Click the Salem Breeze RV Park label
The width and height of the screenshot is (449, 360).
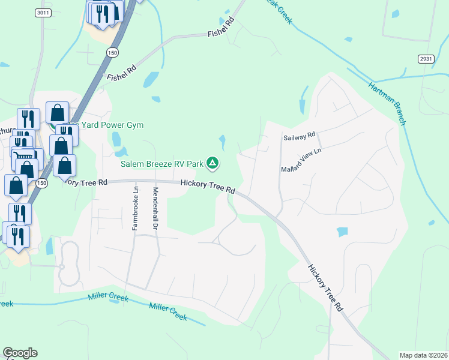[160, 163]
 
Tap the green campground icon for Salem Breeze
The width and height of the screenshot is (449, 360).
[212, 163]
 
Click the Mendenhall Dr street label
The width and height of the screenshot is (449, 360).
[155, 208]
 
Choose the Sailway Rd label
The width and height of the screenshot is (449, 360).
[299, 137]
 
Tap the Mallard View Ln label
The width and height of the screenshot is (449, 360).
[301, 160]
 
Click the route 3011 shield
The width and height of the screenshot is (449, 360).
[42, 13]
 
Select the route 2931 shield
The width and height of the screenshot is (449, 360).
[426, 58]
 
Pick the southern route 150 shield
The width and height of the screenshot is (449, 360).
[41, 182]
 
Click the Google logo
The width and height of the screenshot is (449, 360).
[20, 353]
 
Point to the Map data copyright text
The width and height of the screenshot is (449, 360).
[423, 355]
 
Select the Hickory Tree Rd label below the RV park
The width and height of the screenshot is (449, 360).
[208, 187]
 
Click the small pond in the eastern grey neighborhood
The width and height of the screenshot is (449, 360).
[342, 231]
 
